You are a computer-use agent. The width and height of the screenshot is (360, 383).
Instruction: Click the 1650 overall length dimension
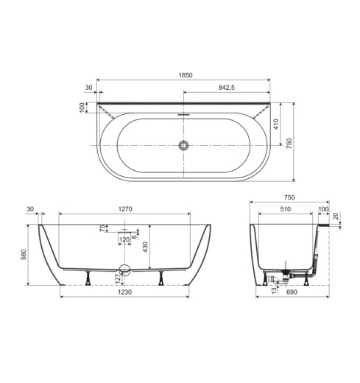[x=186, y=75]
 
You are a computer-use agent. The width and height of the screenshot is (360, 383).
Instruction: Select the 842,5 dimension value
[x=227, y=88]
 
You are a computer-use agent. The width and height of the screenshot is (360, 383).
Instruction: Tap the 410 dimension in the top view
[x=276, y=124]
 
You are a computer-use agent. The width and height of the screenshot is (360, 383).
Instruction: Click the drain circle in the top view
[x=183, y=145]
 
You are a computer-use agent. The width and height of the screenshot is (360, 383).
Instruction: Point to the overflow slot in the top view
[x=183, y=114]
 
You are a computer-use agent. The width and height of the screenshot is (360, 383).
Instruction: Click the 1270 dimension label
[x=125, y=209]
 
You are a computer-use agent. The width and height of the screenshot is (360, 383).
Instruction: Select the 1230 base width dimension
[x=124, y=292]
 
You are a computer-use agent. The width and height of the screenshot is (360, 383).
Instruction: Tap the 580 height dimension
[x=24, y=255]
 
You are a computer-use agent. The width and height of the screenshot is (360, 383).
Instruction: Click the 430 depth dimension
[x=145, y=247]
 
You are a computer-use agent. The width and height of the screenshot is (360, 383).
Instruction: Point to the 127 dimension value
[x=118, y=279]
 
